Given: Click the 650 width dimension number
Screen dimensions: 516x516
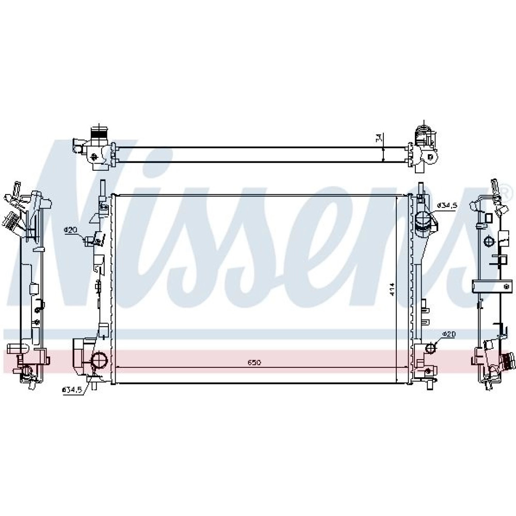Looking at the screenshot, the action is (254, 363).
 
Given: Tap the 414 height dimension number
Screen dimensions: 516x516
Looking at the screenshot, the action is (392, 289).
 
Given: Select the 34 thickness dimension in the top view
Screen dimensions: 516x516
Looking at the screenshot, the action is (378, 138).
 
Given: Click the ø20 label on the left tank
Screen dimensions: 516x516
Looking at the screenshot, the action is (70, 230).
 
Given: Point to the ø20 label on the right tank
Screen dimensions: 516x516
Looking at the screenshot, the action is (448, 334).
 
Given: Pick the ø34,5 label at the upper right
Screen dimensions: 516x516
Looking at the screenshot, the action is (447, 206).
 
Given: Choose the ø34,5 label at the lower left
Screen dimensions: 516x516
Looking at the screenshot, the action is (72, 390).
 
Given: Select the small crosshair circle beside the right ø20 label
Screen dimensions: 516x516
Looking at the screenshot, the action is (430, 347).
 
